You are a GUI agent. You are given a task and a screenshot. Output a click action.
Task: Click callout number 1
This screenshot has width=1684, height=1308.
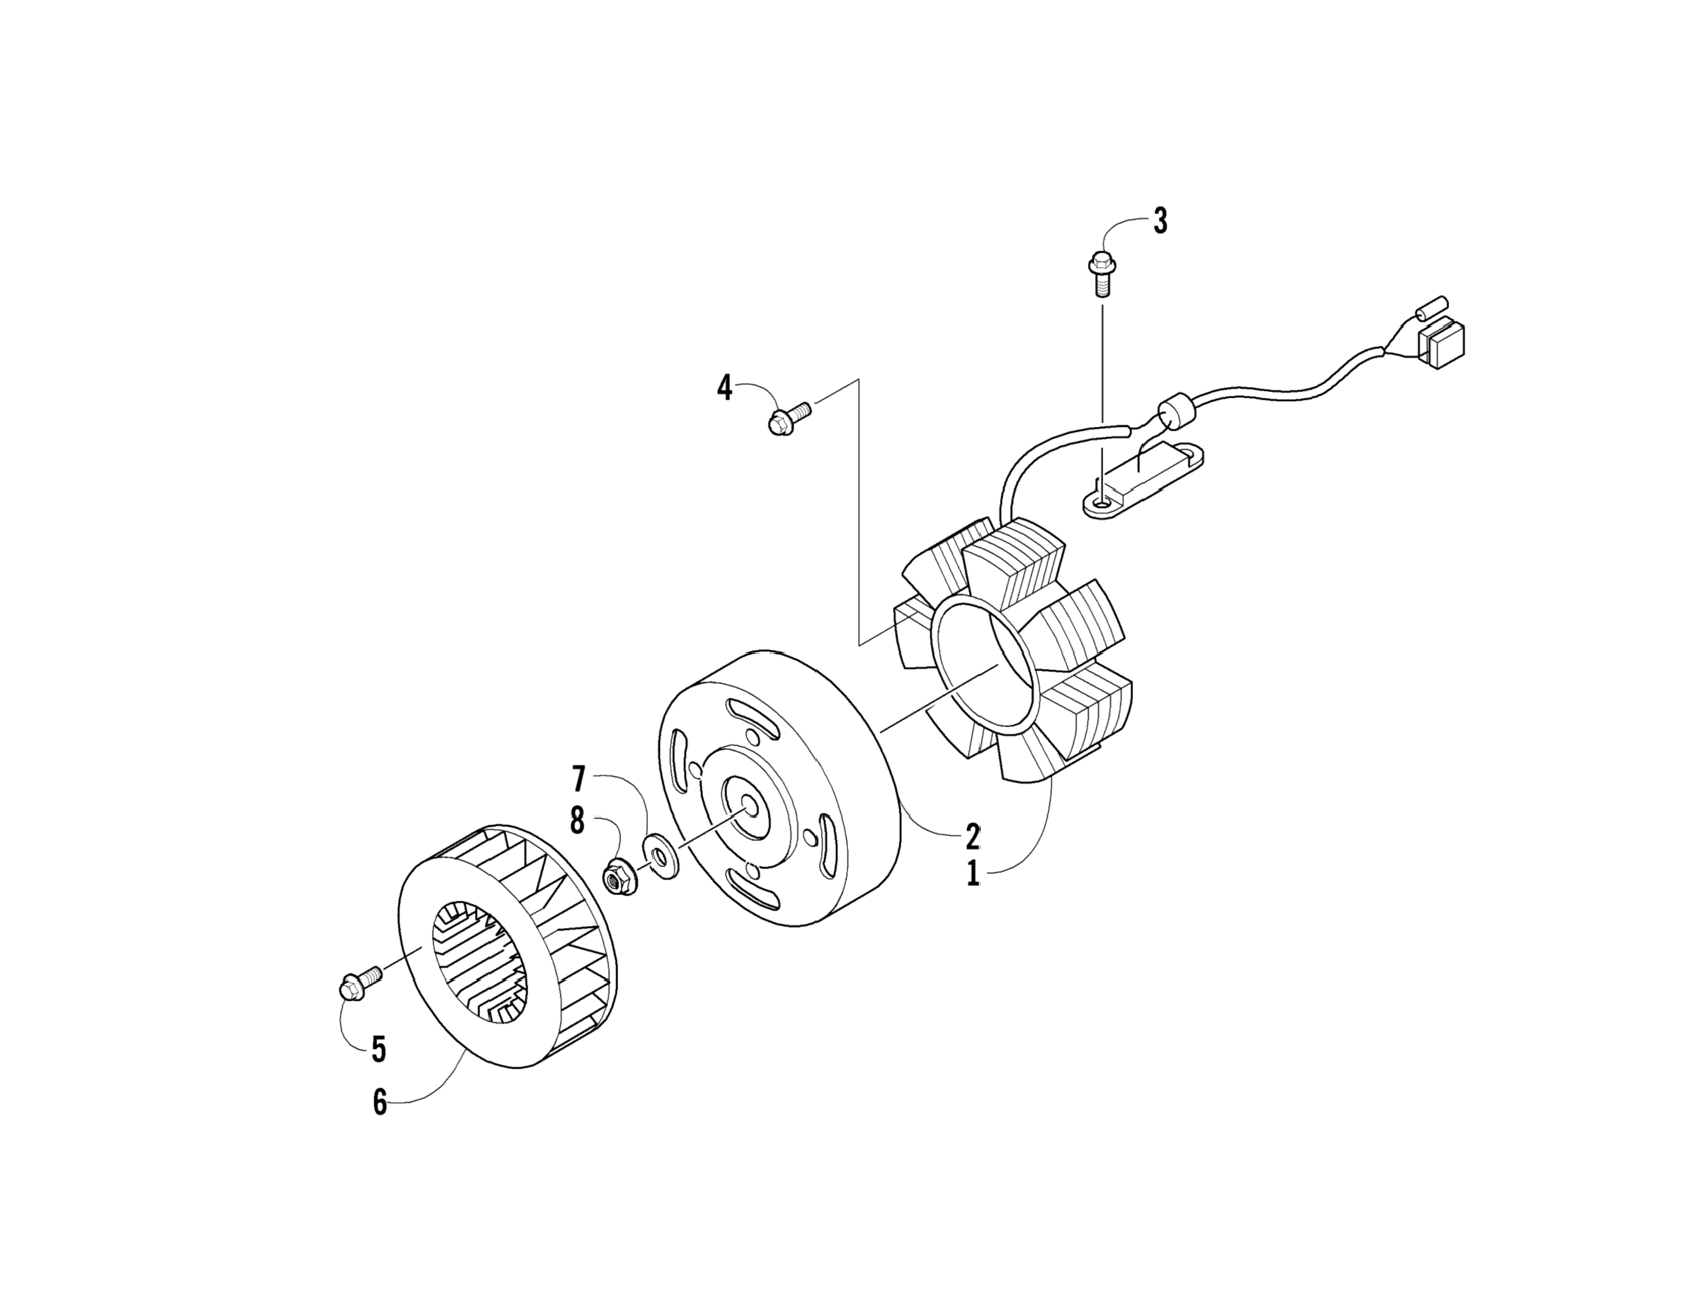click(x=972, y=874)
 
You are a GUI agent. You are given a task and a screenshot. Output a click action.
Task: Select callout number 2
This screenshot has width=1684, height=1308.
click(x=972, y=835)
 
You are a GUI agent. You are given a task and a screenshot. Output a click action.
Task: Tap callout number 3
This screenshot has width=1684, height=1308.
click(x=1160, y=221)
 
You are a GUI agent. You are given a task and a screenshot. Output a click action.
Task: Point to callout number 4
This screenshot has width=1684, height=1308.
click(x=724, y=388)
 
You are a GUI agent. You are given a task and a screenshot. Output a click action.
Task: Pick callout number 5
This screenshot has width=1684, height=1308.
click(x=378, y=1049)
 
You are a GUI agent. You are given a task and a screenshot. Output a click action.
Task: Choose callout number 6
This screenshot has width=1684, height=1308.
click(x=379, y=1103)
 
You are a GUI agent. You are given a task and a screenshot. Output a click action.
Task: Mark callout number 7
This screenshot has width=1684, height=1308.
click(x=579, y=779)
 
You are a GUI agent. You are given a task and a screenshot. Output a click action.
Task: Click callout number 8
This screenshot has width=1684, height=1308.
click(x=578, y=820)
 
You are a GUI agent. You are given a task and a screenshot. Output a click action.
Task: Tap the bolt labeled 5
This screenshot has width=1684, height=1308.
click(x=359, y=982)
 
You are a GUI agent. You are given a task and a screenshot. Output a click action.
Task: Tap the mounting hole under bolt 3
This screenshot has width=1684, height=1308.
click(x=1100, y=504)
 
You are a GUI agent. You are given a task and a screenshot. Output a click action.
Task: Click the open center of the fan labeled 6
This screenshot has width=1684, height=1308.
click(x=478, y=963)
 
